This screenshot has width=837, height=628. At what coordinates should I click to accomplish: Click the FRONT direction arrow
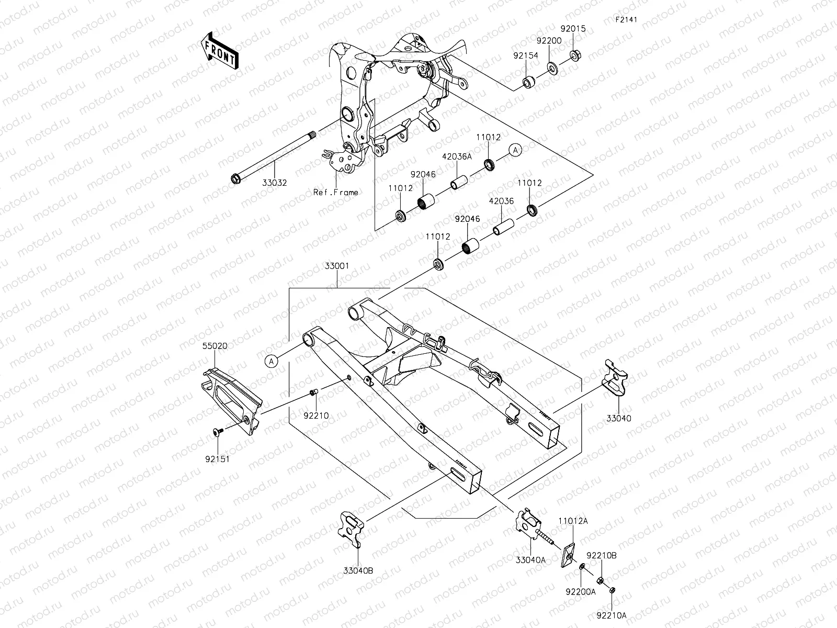point(219,51)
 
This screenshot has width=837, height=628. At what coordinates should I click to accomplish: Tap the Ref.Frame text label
point(336,192)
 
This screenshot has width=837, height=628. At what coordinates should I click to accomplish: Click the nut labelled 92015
point(575,53)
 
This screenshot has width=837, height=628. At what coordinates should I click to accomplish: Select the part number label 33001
point(337,266)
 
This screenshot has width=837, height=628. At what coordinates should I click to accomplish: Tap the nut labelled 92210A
point(612,590)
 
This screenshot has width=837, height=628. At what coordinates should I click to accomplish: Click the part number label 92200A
point(583,591)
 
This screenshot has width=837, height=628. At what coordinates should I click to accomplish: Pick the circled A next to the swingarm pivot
point(271,360)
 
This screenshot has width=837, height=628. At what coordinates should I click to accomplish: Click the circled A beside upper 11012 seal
point(515,150)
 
